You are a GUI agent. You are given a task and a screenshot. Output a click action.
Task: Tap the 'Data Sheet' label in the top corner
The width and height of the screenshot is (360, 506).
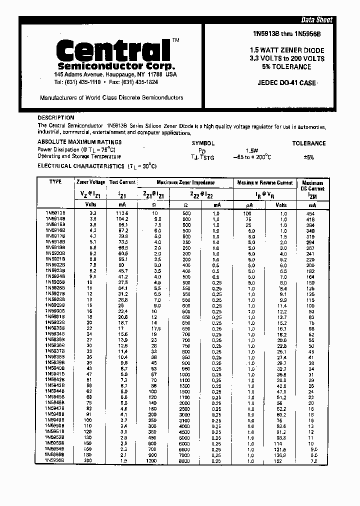click(x=316, y=20)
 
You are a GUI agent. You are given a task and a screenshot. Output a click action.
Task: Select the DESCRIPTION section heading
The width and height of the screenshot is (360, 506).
click(x=56, y=117)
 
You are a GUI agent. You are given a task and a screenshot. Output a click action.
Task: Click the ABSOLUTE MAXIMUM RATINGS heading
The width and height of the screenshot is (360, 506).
click(x=72, y=142)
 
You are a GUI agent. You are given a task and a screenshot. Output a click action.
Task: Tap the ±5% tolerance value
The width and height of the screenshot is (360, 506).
click(x=308, y=157)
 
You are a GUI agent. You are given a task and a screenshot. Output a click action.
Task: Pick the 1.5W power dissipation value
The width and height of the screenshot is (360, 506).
click(x=251, y=150)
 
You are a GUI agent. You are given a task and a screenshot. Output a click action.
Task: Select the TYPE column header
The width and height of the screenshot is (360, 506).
click(x=55, y=182)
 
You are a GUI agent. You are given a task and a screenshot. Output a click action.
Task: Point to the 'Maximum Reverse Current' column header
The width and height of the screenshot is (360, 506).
click(x=264, y=183)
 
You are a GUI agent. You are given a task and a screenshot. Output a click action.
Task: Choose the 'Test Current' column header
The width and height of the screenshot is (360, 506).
click(x=122, y=183)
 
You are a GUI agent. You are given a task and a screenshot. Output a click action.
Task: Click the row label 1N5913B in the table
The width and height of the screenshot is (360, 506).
click(x=55, y=213)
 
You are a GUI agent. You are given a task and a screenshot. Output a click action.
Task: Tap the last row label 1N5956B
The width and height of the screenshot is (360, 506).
click(x=55, y=460)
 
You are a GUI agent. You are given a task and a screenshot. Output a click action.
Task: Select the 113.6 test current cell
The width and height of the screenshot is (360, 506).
click(x=122, y=213)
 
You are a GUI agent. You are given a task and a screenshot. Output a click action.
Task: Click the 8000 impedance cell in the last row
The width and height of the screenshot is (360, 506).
click(x=184, y=460)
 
